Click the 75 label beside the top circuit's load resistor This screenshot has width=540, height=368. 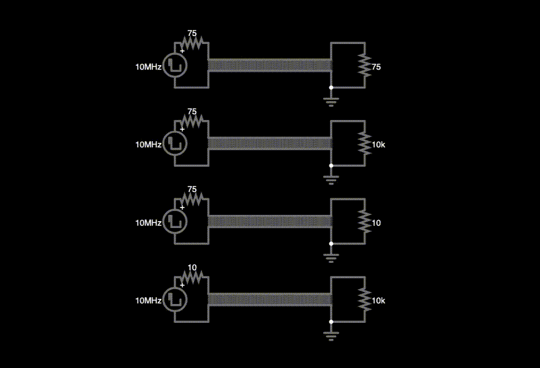[376, 67]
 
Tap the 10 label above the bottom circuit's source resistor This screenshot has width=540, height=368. [192, 267]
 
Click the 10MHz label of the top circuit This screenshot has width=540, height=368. [148, 67]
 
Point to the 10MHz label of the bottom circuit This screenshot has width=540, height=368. [148, 301]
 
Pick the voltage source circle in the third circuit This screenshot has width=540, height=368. [175, 222]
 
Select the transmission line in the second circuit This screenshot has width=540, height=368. [269, 143]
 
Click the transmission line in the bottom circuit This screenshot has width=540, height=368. [269, 299]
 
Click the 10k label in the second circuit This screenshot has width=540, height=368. [378, 145]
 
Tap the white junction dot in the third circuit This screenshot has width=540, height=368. [331, 243]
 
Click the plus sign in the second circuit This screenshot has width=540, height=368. [182, 129]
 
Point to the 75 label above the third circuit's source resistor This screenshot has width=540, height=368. [192, 189]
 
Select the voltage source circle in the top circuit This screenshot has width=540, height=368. [175, 66]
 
